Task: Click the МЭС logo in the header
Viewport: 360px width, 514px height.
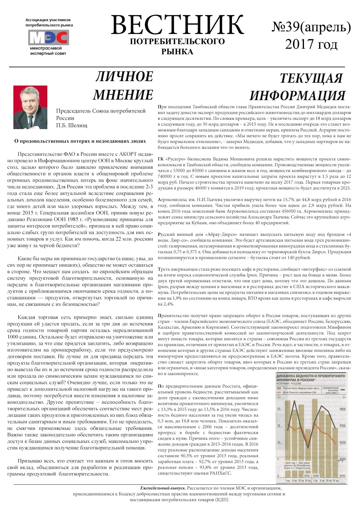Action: (48, 37)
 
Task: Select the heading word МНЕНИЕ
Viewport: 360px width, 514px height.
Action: (123, 95)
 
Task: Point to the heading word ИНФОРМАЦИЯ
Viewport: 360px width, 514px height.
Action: (297, 95)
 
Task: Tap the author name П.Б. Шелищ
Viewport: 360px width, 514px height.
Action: (71, 125)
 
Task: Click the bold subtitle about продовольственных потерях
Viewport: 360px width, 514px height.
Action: (80, 141)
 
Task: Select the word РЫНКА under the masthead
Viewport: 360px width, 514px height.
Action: (177, 52)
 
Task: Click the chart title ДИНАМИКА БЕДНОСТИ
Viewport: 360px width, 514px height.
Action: (310, 376)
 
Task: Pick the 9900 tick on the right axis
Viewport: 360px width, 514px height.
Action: (342, 409)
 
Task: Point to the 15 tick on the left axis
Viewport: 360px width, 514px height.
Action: (279, 426)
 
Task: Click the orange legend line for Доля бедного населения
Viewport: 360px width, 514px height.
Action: (279, 392)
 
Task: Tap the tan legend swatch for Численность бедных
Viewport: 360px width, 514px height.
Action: (279, 388)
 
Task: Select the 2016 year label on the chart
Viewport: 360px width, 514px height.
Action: (315, 476)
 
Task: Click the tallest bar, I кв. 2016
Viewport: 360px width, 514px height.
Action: (315, 435)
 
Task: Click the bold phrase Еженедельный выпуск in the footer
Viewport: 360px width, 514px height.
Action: (163, 488)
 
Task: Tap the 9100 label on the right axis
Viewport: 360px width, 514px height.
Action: (342, 476)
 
